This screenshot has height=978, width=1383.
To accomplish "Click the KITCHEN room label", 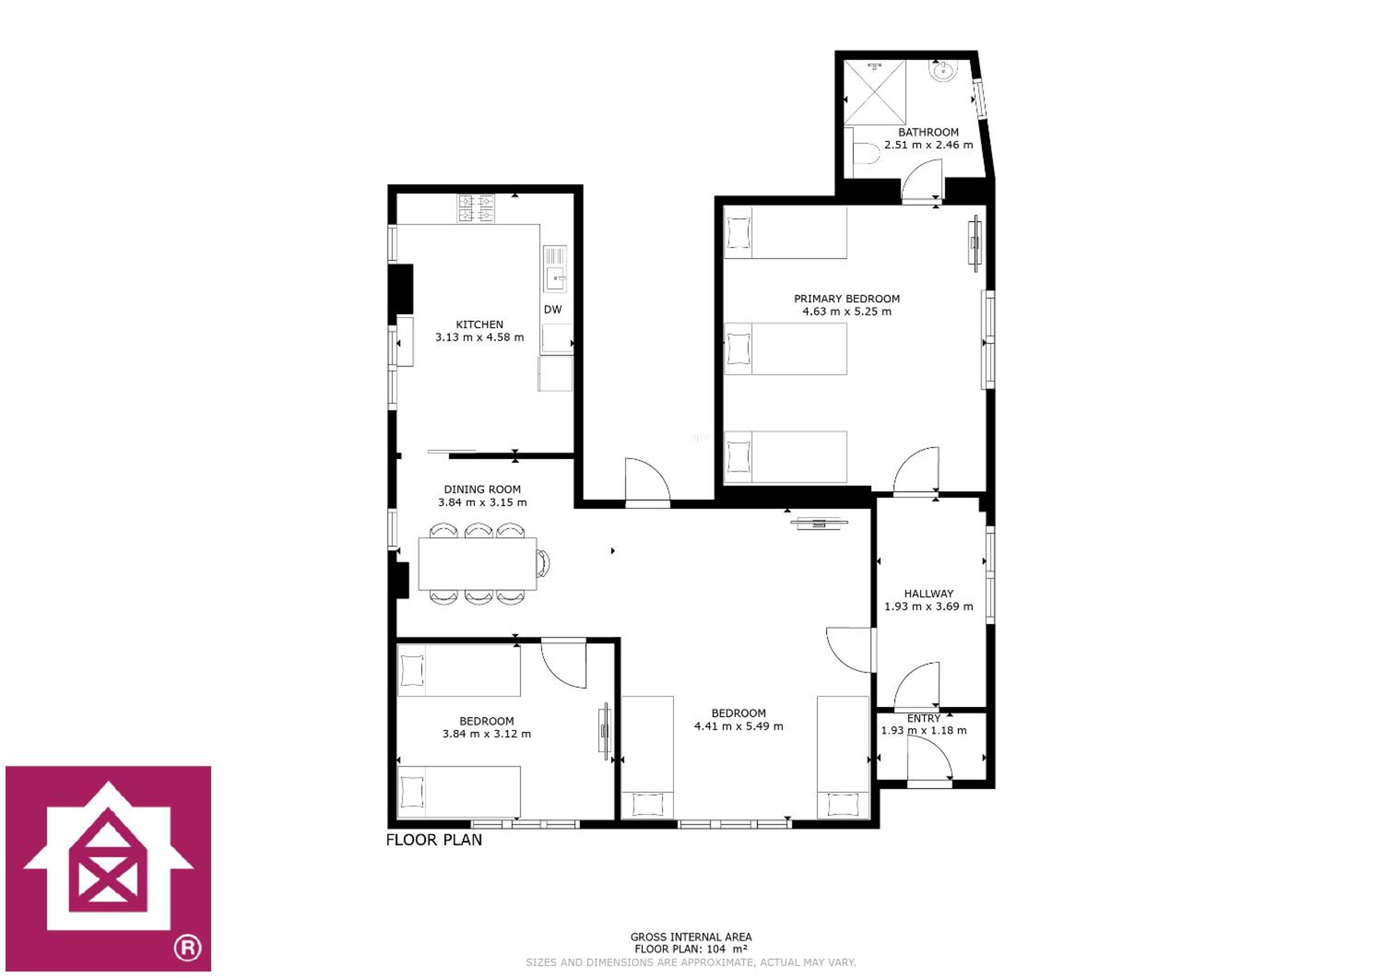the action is tap(479, 324).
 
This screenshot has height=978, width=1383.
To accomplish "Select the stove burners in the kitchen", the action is tap(475, 209).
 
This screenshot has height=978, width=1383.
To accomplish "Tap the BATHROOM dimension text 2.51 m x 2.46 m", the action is tap(928, 145).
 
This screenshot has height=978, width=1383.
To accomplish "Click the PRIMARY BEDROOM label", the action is tap(846, 298).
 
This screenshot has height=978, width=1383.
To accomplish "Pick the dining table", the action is tap(477, 564).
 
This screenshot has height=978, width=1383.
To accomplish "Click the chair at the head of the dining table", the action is tap(543, 564).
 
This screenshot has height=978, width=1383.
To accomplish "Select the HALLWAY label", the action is tap(928, 593).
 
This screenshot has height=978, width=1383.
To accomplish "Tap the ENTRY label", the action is tap(923, 718).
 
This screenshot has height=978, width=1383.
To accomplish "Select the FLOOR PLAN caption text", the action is tap(433, 840).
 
